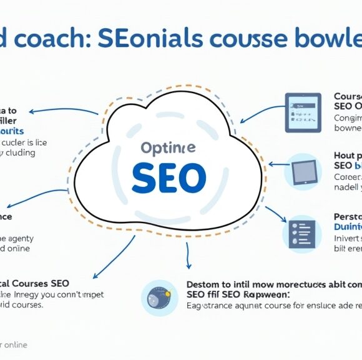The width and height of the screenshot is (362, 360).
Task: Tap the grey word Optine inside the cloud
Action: tap(168, 148)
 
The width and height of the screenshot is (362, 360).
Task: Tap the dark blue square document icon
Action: tap(303, 112)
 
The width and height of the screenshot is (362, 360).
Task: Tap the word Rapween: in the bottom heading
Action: tap(263, 294)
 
